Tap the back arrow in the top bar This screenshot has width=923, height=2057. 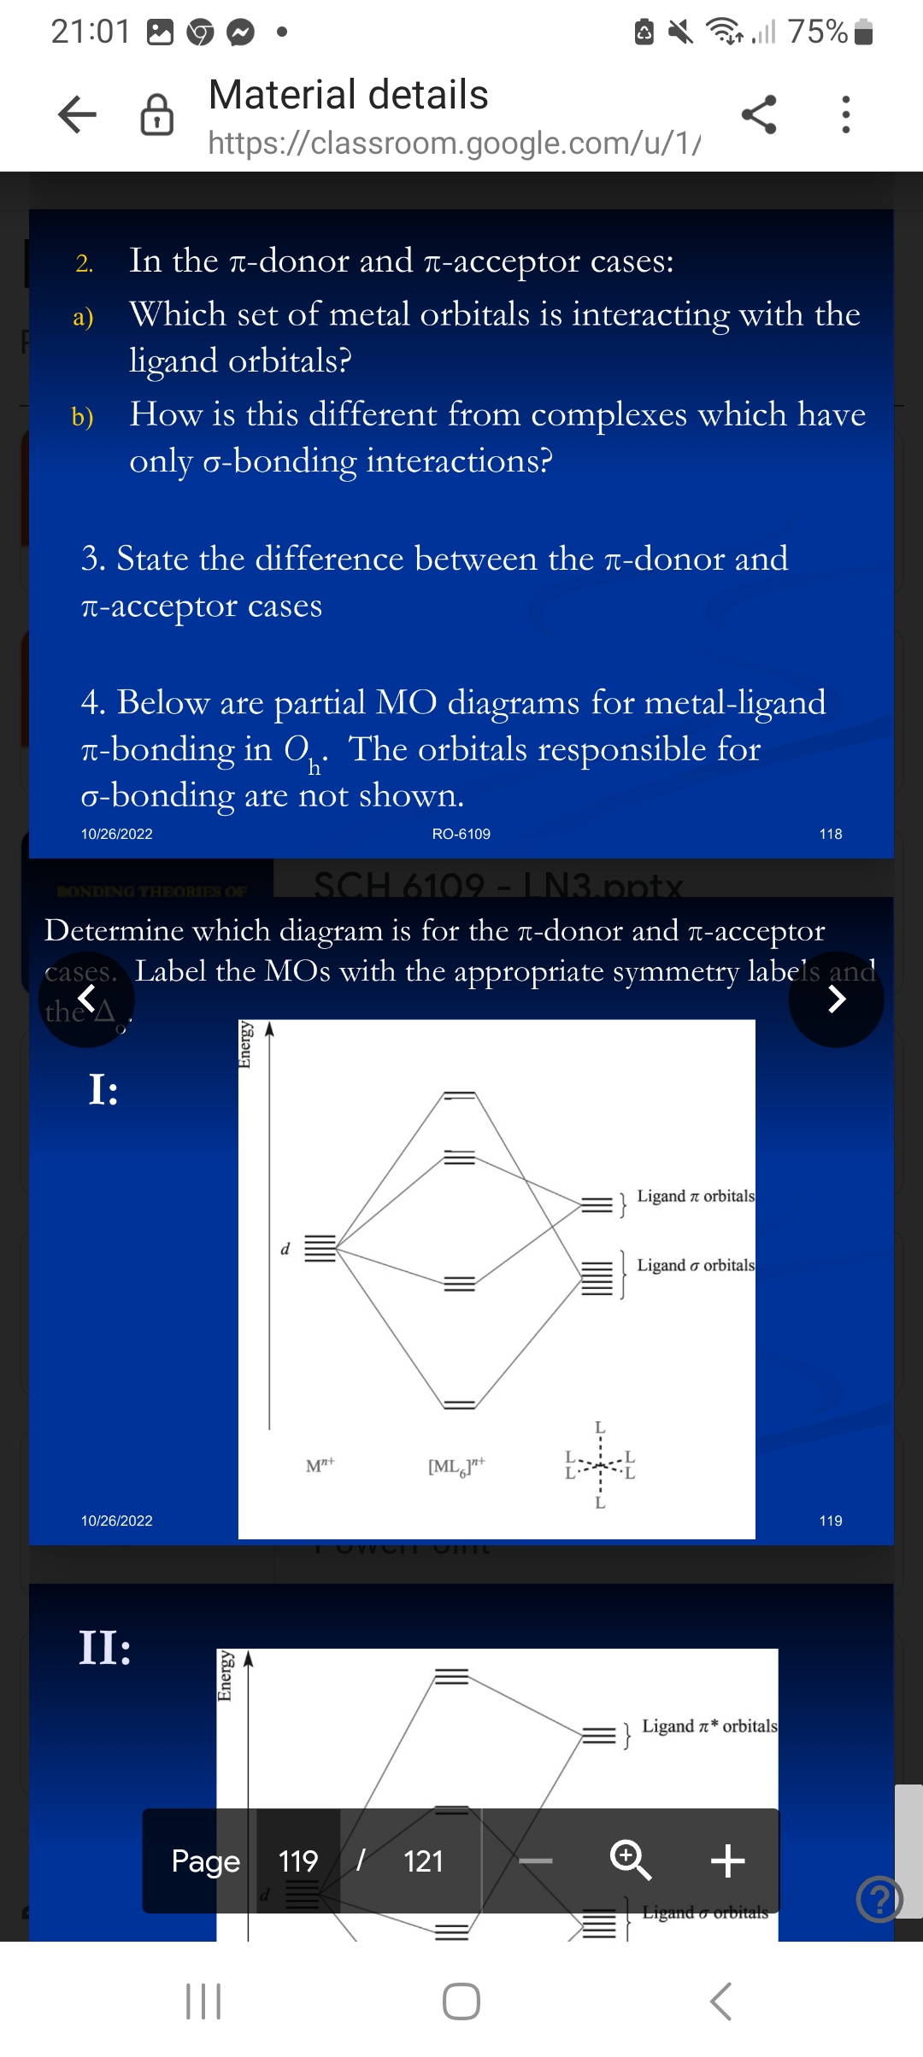tap(77, 114)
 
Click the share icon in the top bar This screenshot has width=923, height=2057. tap(759, 114)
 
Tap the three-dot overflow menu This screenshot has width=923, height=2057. tap(845, 114)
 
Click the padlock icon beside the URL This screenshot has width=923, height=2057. tap(157, 115)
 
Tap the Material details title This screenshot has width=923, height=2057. tap(348, 95)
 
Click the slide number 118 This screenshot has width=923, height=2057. tap(830, 834)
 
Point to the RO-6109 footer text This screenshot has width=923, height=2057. tap(461, 834)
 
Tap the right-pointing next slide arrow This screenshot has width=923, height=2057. tap(836, 999)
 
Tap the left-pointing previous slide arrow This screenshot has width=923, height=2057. tap(86, 999)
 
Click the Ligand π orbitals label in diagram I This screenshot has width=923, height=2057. tap(695, 1196)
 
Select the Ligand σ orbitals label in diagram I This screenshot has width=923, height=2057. tap(695, 1265)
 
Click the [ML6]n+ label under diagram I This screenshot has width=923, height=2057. tap(456, 1467)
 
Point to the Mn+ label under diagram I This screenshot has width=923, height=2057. tap(320, 1466)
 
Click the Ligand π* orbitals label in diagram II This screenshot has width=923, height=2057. tap(708, 1726)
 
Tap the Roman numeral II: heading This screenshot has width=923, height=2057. tap(105, 1647)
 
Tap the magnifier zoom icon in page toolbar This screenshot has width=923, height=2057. tap(631, 1860)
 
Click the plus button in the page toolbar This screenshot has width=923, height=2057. tap(727, 1860)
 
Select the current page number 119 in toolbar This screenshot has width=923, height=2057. tap(298, 1861)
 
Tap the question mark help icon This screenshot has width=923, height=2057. tap(879, 1899)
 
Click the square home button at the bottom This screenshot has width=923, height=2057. tap(461, 2001)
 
